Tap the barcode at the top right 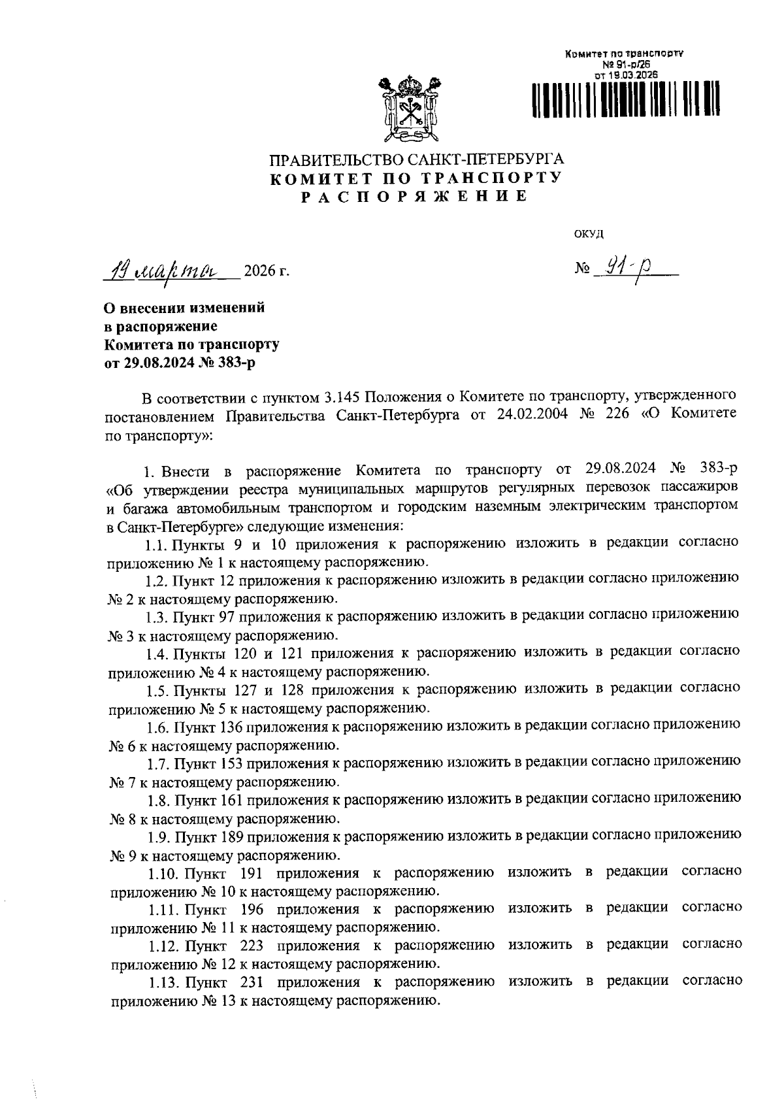(626, 101)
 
